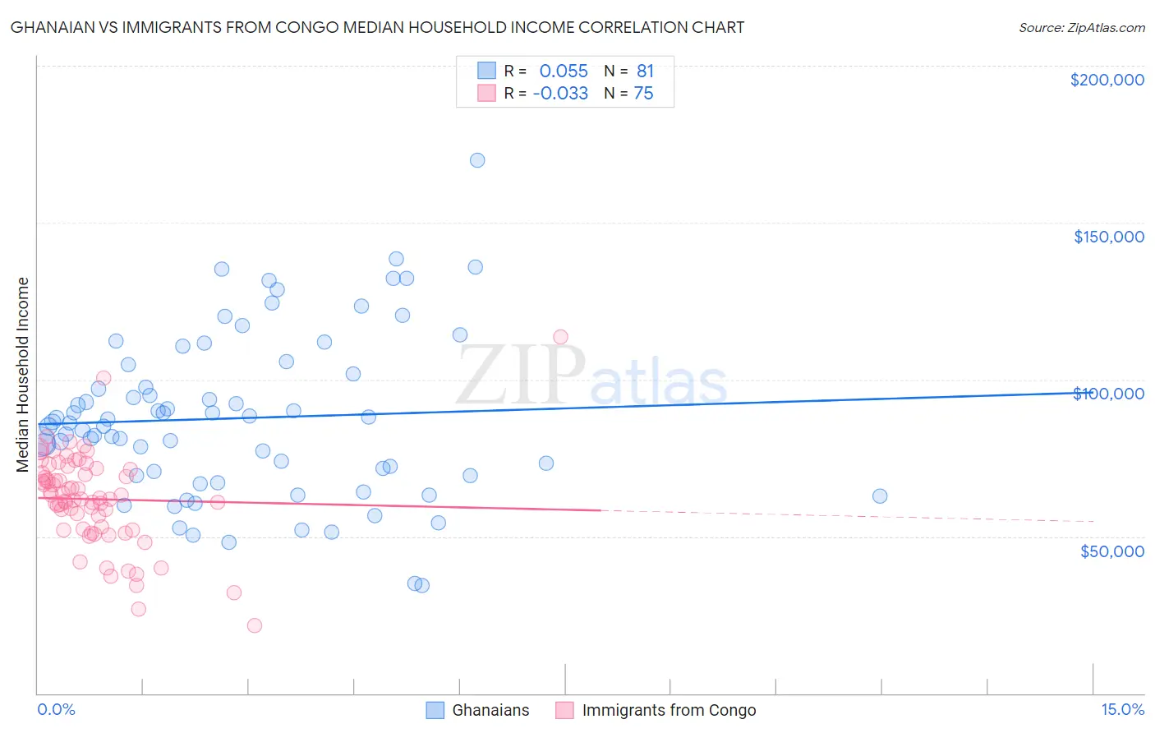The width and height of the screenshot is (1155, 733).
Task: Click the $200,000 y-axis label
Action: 1107,80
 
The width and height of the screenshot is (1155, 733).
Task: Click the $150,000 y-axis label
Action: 1108,237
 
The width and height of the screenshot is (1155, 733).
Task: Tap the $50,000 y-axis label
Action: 1111,551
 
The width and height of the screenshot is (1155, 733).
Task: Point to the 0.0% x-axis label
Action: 56,709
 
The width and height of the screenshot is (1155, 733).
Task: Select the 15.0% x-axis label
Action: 1122,709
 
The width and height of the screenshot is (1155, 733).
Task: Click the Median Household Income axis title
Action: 23,375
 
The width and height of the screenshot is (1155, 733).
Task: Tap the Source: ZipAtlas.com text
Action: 1081,27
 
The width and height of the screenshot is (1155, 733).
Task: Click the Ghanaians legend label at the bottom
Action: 490,710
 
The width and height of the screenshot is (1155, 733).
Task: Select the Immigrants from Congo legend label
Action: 669,710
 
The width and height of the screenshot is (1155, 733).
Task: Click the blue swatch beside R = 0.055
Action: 486,71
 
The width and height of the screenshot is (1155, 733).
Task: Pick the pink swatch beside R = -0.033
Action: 486,93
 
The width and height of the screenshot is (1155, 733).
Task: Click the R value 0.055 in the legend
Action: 564,71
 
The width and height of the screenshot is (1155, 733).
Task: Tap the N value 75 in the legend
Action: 643,93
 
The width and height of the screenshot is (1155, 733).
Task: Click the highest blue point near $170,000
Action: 477,160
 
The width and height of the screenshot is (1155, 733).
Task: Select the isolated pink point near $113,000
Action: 560,337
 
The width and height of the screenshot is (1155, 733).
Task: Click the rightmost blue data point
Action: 880,496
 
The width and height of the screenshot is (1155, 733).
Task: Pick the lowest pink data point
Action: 255,625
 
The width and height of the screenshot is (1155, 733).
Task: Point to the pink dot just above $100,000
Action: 104,378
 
